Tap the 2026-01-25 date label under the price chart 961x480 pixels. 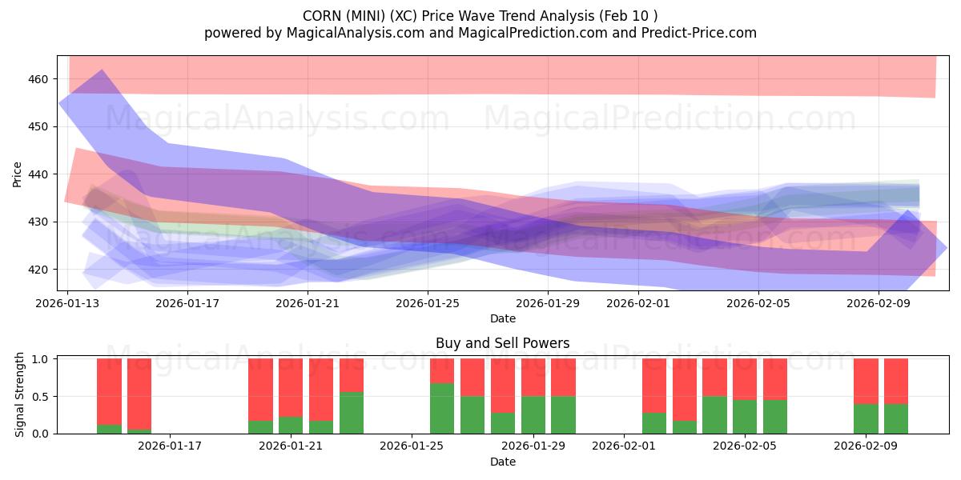point(427,303)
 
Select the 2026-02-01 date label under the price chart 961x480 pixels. point(637,303)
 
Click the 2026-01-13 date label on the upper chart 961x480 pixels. point(67,303)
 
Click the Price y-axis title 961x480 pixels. point(18,174)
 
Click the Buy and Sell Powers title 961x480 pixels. point(502,343)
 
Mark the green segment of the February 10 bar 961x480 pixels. point(896,418)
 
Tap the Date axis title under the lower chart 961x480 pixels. point(502,462)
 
